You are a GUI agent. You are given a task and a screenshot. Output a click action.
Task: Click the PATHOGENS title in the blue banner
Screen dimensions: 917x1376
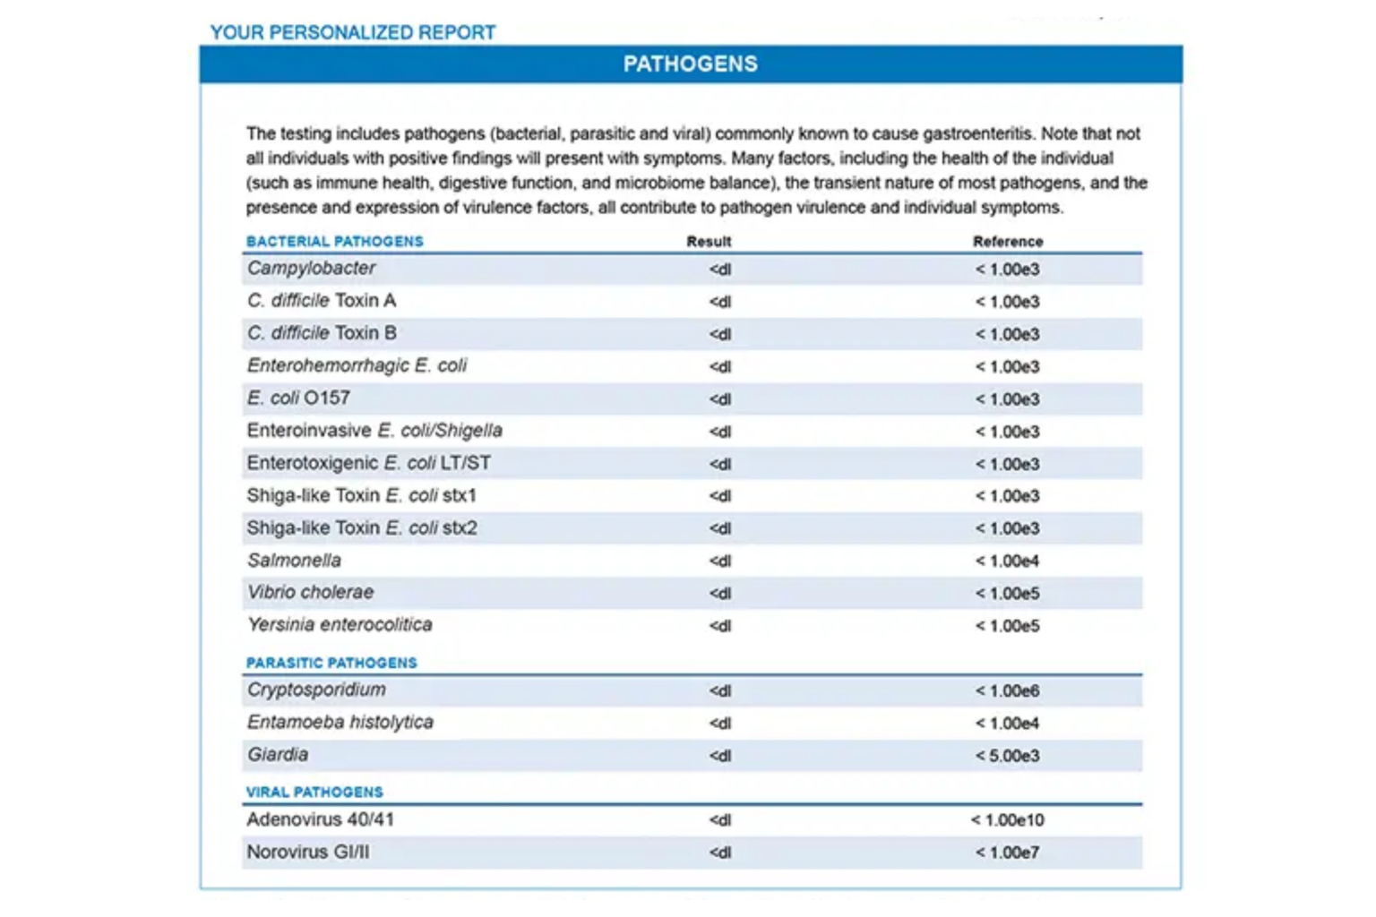coord(690,64)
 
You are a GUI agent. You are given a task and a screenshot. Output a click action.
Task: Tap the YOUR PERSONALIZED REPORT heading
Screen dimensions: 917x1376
coord(353,33)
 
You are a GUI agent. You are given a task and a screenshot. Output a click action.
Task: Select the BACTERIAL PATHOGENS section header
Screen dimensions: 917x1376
coord(334,242)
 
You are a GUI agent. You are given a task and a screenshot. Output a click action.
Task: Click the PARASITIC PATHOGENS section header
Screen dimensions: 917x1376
coord(331,664)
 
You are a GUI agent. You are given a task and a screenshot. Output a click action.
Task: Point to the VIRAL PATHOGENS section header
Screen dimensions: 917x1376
coord(314,793)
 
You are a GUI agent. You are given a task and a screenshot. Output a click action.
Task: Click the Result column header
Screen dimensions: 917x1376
coord(709,242)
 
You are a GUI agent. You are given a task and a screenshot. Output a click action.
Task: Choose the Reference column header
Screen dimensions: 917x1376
coord(1008,242)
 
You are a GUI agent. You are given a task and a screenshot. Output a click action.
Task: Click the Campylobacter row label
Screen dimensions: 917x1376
coord(311,269)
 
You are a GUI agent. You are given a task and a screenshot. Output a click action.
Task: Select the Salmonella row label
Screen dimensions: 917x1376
coord(294,561)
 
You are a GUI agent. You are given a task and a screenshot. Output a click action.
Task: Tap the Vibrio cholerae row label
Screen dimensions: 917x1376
coord(310,593)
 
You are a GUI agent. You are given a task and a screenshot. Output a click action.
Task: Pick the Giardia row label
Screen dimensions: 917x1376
coord(278,755)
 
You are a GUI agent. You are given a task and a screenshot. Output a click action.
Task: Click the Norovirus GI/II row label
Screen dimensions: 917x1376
coord(307,853)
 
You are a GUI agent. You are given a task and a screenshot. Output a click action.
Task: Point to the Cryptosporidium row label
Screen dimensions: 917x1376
coord(316,690)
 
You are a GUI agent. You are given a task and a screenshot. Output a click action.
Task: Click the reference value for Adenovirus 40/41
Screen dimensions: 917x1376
coord(1007,820)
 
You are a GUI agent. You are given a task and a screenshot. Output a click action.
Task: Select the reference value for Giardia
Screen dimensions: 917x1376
coord(1007,756)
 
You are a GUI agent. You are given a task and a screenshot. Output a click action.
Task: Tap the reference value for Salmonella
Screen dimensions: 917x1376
coord(1007,561)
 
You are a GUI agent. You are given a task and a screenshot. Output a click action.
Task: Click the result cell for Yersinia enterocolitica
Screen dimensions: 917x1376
coord(720,626)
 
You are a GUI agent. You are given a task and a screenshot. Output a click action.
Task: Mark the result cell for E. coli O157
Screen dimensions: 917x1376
coord(720,399)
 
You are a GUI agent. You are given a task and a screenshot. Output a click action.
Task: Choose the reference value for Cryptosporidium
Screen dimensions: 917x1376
coord(1007,691)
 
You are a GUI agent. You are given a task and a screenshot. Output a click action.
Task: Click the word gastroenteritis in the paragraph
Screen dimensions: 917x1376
coord(977,134)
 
